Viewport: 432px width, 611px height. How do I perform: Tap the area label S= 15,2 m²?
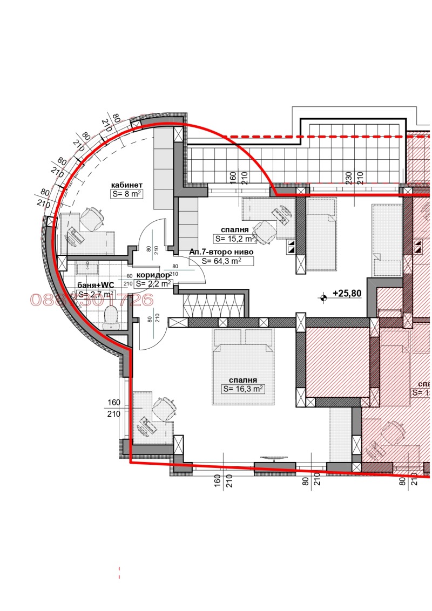[234, 238]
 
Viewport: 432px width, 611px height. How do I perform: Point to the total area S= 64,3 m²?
[221, 261]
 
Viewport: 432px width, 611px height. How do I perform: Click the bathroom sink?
[86, 267]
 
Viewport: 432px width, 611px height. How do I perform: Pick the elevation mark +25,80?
[347, 294]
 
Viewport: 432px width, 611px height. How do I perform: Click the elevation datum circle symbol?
[323, 296]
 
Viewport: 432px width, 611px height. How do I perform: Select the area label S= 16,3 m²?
[244, 389]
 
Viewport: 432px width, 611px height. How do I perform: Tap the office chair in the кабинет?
[92, 218]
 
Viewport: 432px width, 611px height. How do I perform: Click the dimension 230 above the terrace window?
[349, 178]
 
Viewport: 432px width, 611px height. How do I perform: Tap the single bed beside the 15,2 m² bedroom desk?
[321, 237]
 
